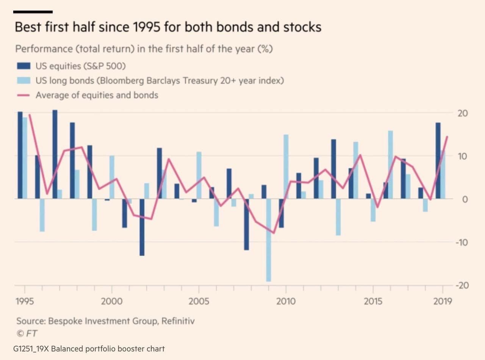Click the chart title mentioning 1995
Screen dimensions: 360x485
167,27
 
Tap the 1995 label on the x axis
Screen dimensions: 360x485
25,302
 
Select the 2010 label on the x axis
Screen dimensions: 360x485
286,302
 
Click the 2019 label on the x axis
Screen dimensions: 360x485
443,302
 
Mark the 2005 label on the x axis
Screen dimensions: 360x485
199,302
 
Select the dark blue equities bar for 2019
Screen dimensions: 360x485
438,161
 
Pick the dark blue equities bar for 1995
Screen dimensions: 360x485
20,155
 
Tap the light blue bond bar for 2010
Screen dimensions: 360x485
286,167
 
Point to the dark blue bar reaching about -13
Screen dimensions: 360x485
142,227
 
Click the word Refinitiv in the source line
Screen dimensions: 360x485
178,321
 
